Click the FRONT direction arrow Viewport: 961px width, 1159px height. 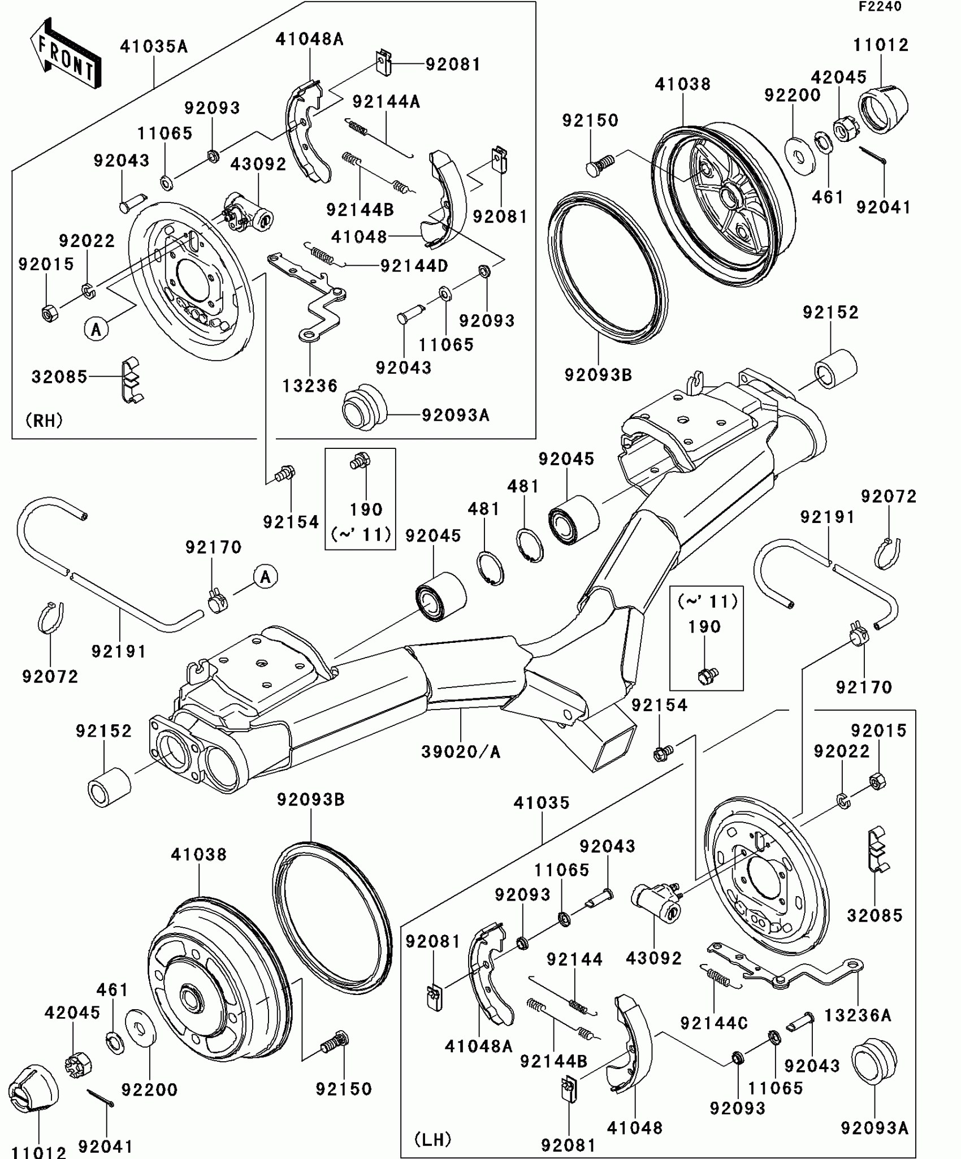pyautogui.click(x=65, y=54)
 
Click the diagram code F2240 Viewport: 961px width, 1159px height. pyautogui.click(x=880, y=7)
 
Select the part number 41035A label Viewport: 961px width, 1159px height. pyautogui.click(x=153, y=46)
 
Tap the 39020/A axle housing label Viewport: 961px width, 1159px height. pyautogui.click(x=461, y=752)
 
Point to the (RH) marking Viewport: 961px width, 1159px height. pyautogui.click(x=44, y=420)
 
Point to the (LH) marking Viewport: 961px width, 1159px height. pyautogui.click(x=432, y=1139)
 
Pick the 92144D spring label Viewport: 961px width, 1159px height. pyautogui.click(x=414, y=266)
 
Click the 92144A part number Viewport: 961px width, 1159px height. pyautogui.click(x=386, y=102)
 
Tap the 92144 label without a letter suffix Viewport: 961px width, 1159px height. pyautogui.click(x=574, y=959)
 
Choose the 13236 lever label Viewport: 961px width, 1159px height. pyautogui.click(x=310, y=386)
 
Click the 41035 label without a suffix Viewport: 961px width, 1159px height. pyautogui.click(x=542, y=803)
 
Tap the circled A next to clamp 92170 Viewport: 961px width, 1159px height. pyautogui.click(x=265, y=577)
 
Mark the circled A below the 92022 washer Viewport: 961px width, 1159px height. pyautogui.click(x=96, y=328)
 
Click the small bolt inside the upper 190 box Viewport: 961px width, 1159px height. pyautogui.click(x=360, y=461)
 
